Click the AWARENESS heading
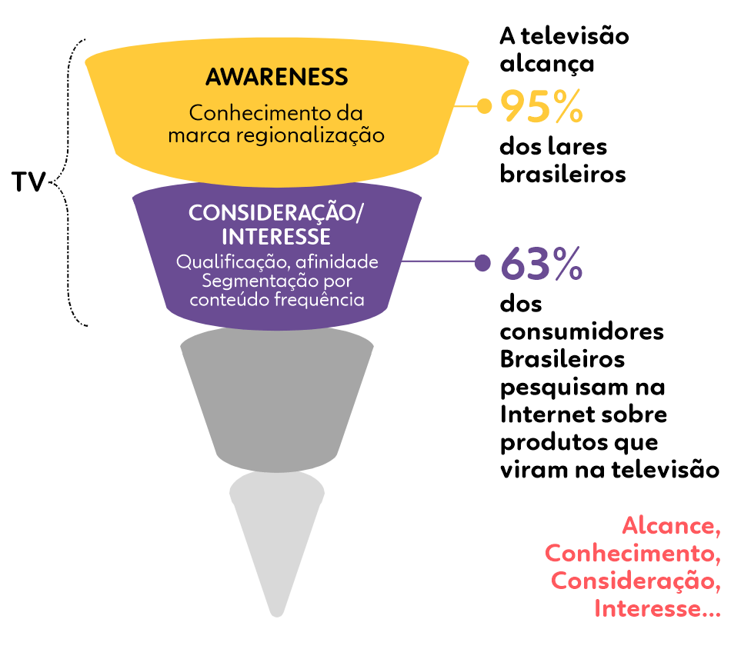276,77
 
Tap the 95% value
541,107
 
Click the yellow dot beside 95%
484,106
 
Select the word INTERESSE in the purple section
275,236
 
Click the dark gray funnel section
277,400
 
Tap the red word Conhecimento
633,554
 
